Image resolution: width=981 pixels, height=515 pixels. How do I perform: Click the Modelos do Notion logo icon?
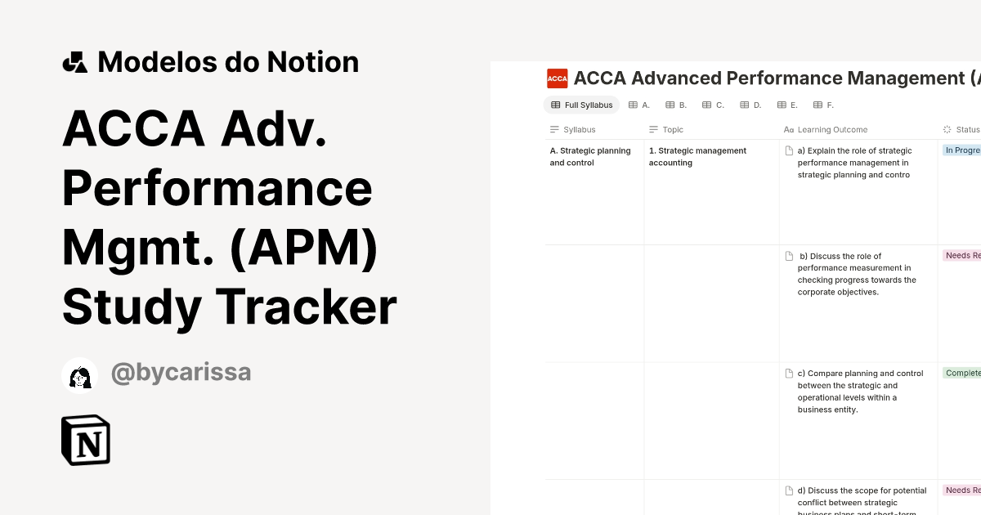point(74,62)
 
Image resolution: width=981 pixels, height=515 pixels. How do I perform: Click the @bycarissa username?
point(181,373)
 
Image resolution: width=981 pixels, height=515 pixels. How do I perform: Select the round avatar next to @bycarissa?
point(80,376)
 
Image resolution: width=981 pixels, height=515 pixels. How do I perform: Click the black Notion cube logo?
point(86,441)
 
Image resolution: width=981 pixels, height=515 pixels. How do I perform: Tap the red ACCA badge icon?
point(558,78)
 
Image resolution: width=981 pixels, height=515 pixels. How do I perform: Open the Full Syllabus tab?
point(582,105)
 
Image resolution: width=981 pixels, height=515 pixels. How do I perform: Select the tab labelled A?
point(639,105)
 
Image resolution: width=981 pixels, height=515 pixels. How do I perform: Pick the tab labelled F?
point(824,105)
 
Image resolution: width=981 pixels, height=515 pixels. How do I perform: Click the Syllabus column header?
point(579,129)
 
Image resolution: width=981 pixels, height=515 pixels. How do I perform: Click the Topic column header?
point(672,129)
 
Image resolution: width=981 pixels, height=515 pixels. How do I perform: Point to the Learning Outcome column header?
point(832,129)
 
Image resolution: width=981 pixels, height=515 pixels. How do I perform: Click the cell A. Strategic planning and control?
point(590,156)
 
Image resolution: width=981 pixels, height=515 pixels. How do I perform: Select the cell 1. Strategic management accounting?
point(697,156)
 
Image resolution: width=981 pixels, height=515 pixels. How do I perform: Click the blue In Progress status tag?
point(962,150)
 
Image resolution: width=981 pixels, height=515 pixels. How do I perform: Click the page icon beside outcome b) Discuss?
point(789,256)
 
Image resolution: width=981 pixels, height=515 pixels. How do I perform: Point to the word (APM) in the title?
point(303,248)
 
